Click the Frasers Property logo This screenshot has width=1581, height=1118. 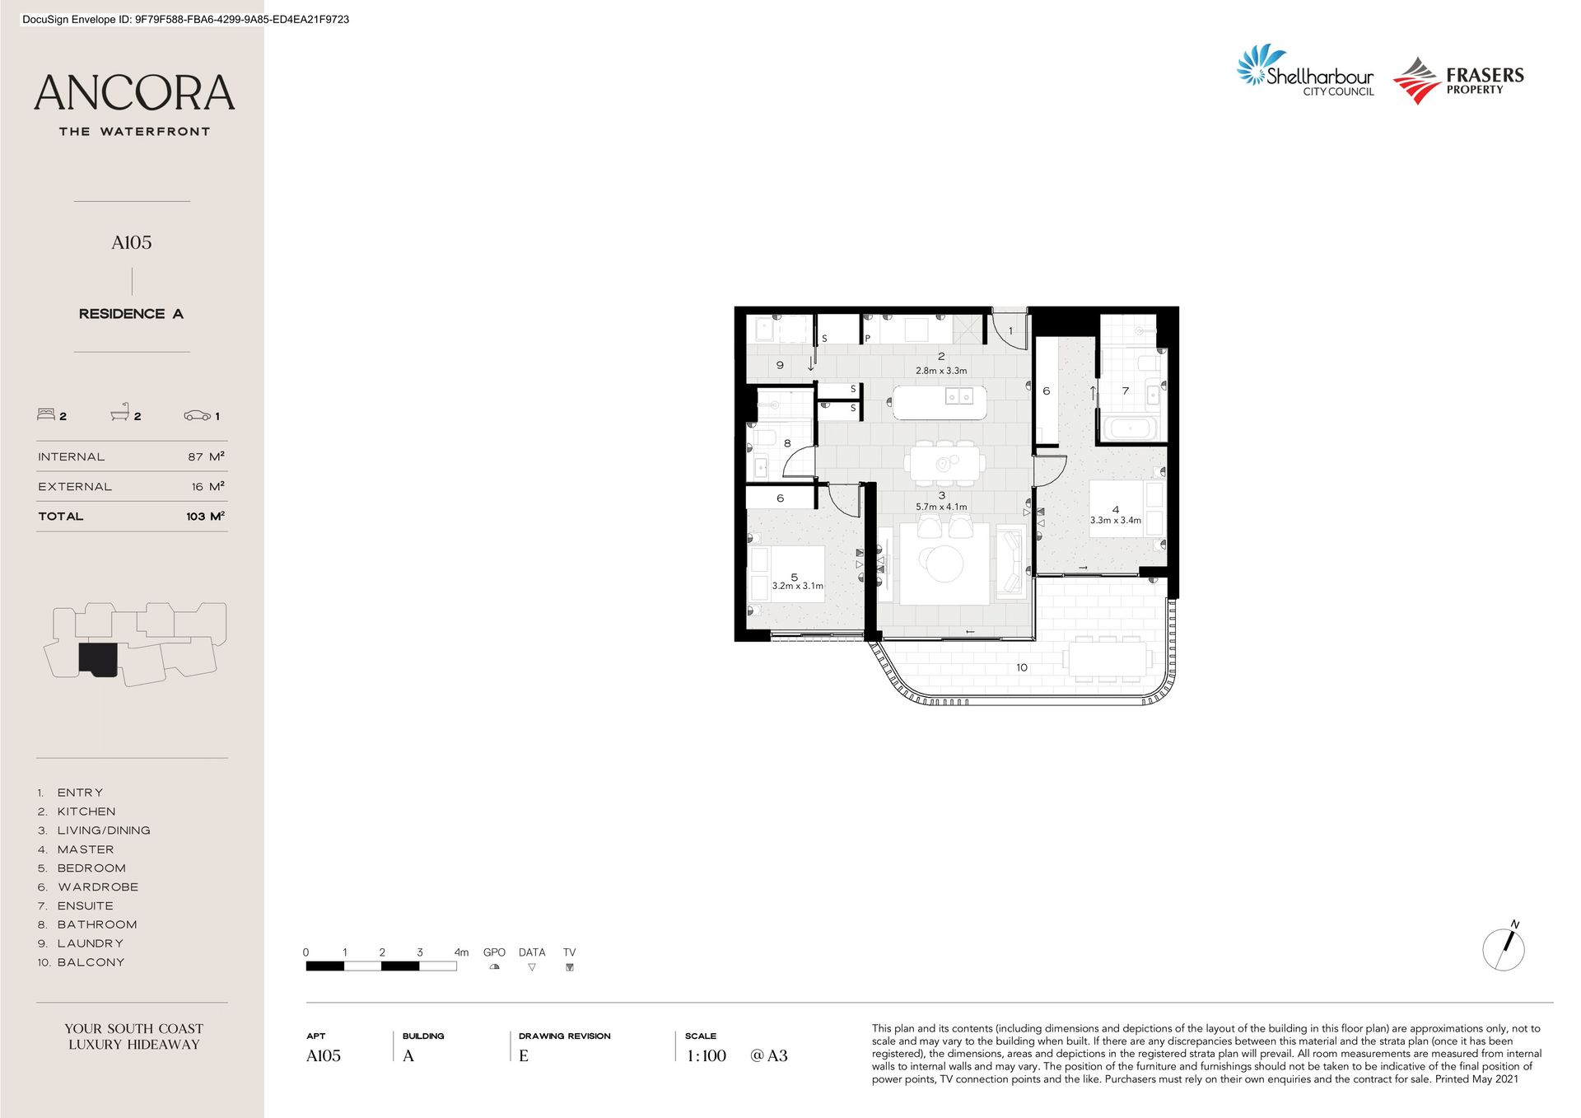1458,81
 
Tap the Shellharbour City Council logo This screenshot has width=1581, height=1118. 1305,71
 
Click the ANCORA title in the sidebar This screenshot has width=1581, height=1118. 134,93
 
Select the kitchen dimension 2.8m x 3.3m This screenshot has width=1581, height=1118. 941,371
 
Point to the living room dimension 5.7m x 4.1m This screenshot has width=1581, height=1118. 941,507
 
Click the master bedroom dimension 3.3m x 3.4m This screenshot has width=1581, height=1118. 1116,520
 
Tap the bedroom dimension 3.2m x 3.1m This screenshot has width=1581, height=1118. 797,586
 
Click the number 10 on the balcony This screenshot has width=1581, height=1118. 1022,667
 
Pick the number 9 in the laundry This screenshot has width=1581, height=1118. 780,365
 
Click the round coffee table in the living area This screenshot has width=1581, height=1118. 941,564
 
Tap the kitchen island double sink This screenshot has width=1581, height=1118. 959,397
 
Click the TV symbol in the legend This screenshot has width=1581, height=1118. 569,967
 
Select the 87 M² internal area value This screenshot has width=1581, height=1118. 206,456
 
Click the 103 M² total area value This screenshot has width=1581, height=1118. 205,517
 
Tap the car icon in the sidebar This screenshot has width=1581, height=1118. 197,415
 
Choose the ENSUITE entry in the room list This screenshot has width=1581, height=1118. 86,905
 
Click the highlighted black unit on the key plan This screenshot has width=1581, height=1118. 99,660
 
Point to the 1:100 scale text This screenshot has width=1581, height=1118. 707,1055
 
